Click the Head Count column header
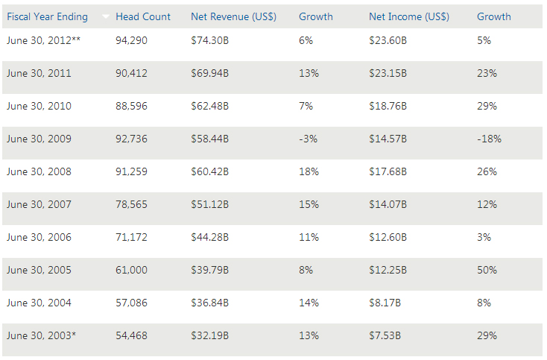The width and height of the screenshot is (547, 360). (143, 16)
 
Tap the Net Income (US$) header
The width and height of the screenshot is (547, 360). (407, 16)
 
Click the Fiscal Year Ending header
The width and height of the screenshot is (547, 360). (47, 16)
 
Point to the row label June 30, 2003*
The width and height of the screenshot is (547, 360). (41, 335)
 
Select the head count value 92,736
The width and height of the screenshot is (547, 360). (131, 139)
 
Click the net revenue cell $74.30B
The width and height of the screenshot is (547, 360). (210, 40)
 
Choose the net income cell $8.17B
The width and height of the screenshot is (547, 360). (385, 303)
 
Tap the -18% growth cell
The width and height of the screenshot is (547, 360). (489, 139)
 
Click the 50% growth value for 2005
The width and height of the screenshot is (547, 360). (487, 270)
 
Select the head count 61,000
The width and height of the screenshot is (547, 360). (131, 270)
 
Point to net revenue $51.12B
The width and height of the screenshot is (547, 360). (210, 204)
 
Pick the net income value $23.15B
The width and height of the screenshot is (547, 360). (388, 73)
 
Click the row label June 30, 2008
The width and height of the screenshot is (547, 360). (39, 171)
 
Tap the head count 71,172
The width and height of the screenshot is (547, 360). (131, 237)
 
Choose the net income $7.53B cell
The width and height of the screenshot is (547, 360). (385, 335)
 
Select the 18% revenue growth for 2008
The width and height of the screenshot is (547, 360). (309, 171)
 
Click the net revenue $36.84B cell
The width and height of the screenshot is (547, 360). (210, 303)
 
